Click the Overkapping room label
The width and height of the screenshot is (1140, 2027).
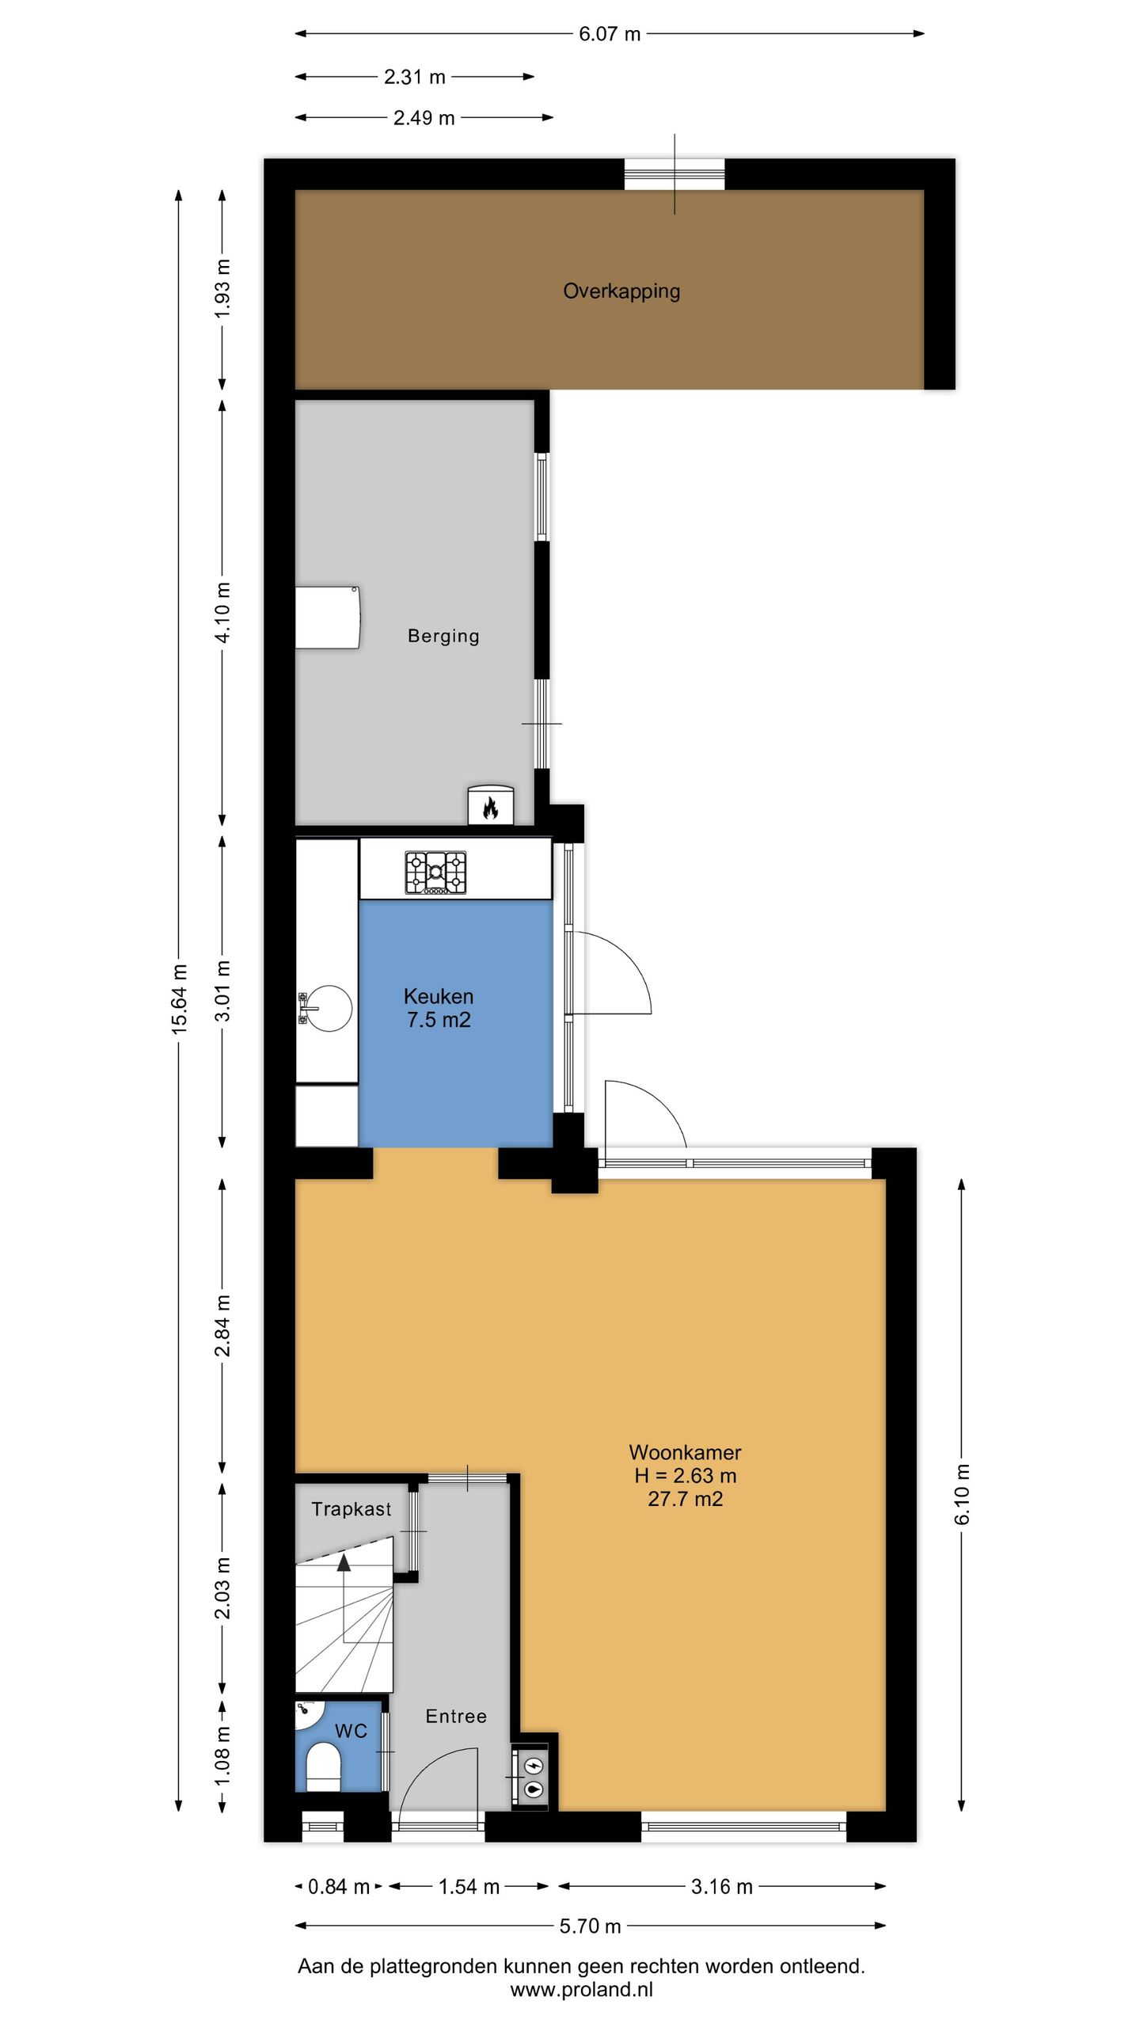621,291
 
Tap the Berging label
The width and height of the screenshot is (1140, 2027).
443,636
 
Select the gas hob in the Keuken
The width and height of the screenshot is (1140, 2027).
435,873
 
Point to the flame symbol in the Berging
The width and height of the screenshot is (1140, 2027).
490,808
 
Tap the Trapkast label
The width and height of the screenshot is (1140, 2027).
351,1509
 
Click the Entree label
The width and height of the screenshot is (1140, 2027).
456,1717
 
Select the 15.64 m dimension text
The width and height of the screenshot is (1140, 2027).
180,998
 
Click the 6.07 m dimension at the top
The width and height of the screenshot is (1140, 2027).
610,34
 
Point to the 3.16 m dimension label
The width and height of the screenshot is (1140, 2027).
721,1887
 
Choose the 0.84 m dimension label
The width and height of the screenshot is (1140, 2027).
339,1887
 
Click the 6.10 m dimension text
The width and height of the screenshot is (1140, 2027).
962,1494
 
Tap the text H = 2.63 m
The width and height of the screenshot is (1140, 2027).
686,1476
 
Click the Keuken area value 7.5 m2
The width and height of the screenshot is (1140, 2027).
439,1020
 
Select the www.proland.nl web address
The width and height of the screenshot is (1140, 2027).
582,1990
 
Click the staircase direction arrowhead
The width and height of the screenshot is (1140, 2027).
344,1562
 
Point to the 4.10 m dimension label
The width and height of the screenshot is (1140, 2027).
223,613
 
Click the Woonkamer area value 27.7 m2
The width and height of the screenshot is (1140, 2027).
686,1499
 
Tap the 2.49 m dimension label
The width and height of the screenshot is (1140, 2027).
424,118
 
